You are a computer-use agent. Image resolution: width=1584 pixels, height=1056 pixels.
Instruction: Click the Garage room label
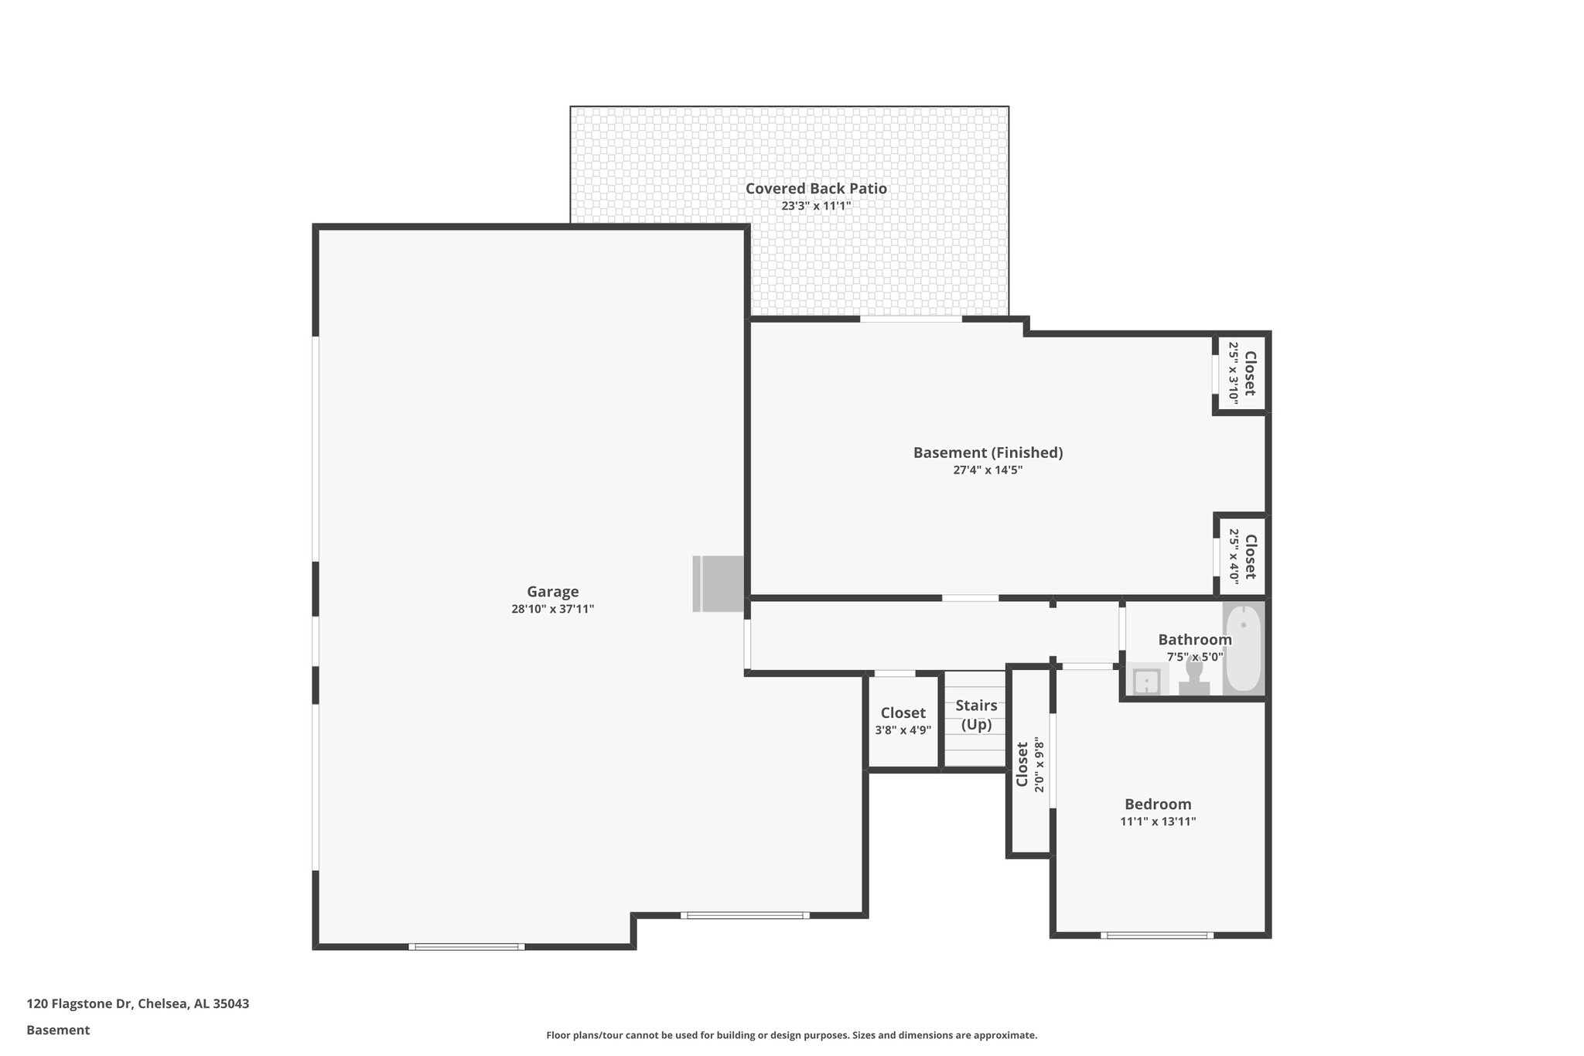pyautogui.click(x=552, y=592)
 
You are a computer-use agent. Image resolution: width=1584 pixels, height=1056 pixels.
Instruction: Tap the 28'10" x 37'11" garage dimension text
pyautogui.click(x=552, y=610)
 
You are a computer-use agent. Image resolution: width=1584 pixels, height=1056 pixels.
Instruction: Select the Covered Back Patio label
pyautogui.click(x=816, y=189)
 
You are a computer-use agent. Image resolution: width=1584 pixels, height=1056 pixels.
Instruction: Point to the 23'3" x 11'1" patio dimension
pyautogui.click(x=816, y=207)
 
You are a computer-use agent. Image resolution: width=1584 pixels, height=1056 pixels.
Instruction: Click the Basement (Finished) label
pyautogui.click(x=988, y=453)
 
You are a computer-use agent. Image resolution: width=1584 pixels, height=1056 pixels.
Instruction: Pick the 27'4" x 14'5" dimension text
pyautogui.click(x=988, y=470)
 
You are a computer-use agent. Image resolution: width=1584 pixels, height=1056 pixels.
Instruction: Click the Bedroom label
pyautogui.click(x=1158, y=805)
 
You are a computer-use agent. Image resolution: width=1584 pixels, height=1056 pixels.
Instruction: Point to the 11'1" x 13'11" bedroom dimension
pyautogui.click(x=1158, y=822)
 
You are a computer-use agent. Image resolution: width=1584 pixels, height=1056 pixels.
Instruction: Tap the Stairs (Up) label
pyautogui.click(x=976, y=715)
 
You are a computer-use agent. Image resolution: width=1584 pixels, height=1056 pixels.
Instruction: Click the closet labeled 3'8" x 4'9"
pyautogui.click(x=903, y=721)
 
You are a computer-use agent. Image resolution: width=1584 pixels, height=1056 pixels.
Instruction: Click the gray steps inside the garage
pyautogui.click(x=718, y=584)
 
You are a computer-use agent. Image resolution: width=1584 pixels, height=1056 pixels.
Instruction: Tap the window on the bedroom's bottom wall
pyautogui.click(x=1157, y=935)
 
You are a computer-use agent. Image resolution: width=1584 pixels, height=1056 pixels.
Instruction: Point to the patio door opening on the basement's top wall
pyautogui.click(x=911, y=319)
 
